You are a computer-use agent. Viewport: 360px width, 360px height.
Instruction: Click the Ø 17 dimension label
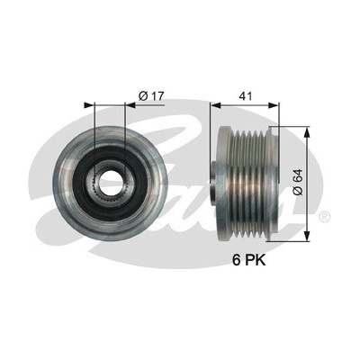tap(151, 96)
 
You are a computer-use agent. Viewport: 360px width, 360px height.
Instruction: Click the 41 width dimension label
tap(245, 96)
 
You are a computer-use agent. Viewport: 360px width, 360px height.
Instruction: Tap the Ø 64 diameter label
tap(298, 183)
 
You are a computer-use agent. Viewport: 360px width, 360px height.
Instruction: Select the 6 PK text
tap(249, 260)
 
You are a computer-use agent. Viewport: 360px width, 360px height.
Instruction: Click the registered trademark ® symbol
tap(324, 216)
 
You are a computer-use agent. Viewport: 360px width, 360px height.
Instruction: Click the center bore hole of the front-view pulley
tap(109, 183)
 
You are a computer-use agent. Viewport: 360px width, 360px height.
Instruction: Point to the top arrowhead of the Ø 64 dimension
tap(307, 131)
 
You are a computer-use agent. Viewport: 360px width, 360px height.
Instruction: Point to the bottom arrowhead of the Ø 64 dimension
tap(307, 236)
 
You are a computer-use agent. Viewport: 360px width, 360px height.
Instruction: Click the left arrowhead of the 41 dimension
tap(215, 105)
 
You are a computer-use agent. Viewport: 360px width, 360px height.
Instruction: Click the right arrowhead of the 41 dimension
tap(274, 105)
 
